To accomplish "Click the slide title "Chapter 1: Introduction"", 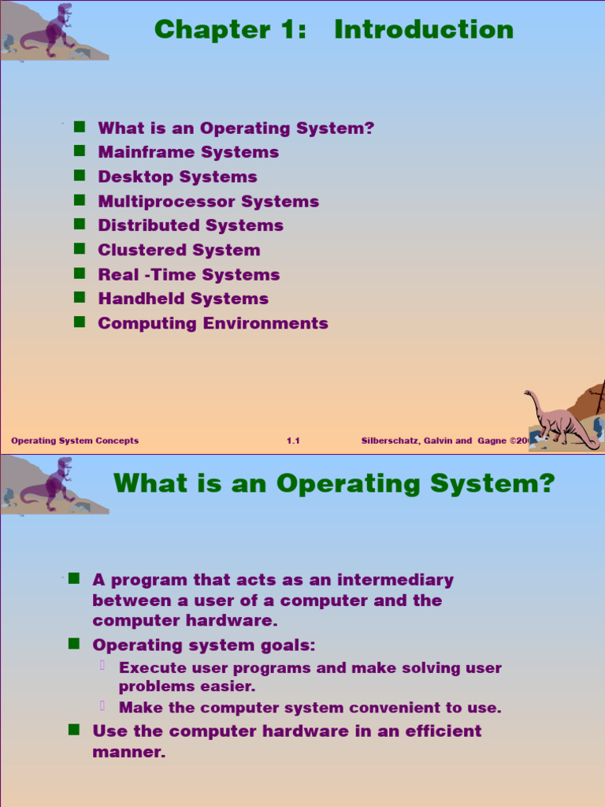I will coord(333,30).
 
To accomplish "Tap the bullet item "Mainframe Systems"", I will coord(188,152).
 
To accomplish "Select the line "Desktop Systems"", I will coord(177,177).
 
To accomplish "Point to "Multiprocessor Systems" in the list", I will coord(208,201).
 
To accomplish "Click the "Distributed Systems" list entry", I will coord(190,225).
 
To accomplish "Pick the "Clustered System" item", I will coord(179,250).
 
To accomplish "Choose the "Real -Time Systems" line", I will coord(188,274).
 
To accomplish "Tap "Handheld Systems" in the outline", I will coord(183,299).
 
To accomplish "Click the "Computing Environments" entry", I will coord(213,323).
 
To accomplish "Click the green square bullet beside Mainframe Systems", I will coord(79,151).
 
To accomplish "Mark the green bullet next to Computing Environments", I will coord(79,322).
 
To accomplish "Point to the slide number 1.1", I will coord(293,441).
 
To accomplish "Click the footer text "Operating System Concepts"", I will coord(75,441).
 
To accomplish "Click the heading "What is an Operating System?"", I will coord(334,482).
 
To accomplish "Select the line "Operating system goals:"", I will coord(203,645).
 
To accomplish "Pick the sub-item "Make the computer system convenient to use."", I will coord(310,708).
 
